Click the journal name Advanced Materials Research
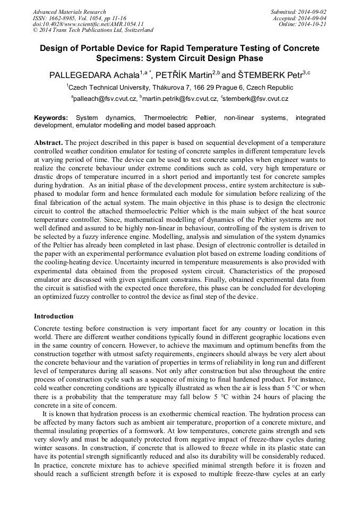(x=69, y=12)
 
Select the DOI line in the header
(x=88, y=24)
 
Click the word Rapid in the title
(x=181, y=48)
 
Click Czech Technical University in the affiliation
(x=109, y=87)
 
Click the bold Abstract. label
(x=49, y=143)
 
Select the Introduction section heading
(x=55, y=316)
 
